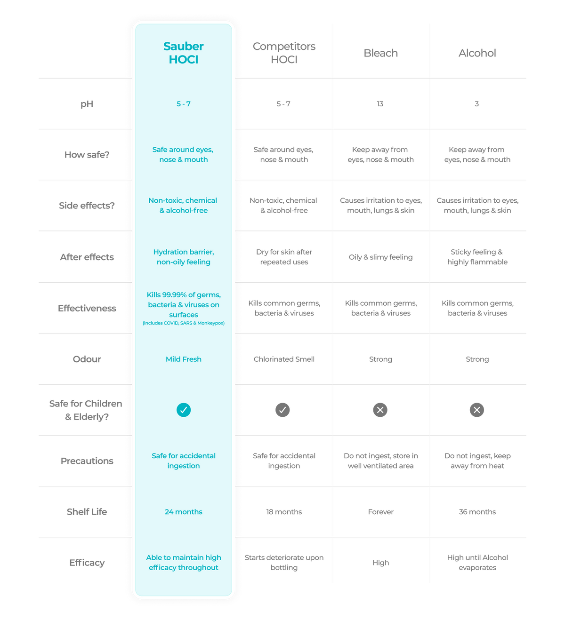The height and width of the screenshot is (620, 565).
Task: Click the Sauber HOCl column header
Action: tap(183, 53)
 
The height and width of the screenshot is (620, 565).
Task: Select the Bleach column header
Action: tap(380, 53)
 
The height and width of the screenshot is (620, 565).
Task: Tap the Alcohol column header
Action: tap(477, 53)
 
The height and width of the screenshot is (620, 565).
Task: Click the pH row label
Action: tap(87, 104)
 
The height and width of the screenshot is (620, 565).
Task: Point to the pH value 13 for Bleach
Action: tap(380, 104)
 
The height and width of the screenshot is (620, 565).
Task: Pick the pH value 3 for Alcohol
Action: tap(476, 104)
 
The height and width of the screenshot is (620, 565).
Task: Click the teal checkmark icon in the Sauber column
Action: tap(184, 410)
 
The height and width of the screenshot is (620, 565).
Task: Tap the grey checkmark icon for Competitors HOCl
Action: tap(282, 410)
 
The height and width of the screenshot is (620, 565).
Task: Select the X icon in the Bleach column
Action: tap(380, 410)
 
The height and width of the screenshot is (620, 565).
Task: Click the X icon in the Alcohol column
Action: tap(476, 410)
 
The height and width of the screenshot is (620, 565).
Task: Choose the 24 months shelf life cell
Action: tap(184, 511)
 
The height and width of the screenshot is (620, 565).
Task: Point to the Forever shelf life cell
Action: tap(380, 511)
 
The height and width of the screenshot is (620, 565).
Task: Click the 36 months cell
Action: tap(477, 511)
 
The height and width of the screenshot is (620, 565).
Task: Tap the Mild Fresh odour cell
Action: tap(184, 359)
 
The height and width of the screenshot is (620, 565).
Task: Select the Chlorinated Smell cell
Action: tap(284, 359)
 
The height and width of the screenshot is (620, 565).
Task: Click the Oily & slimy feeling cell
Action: tap(380, 257)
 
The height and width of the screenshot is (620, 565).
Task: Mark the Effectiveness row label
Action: tap(87, 308)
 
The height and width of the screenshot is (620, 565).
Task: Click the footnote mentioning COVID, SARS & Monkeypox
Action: tap(184, 323)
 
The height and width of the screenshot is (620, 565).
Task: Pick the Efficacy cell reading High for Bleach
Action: tap(380, 563)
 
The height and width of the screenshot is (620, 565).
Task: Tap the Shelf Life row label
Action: tap(87, 512)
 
